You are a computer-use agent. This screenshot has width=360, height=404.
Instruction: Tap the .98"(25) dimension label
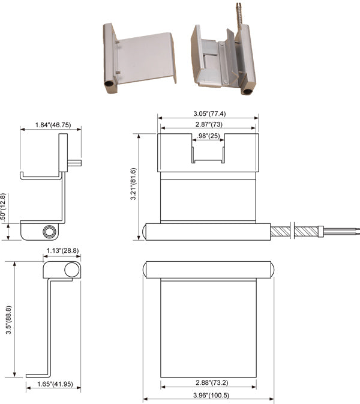tap(208, 137)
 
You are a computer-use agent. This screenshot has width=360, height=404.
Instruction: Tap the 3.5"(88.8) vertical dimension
tap(8, 318)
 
